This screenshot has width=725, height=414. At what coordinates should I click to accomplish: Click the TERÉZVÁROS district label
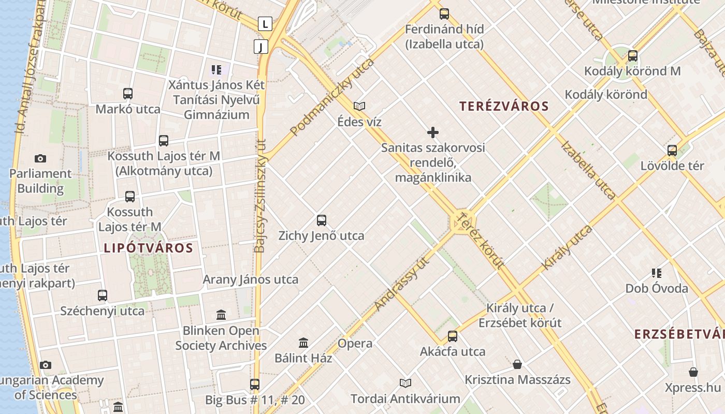504,107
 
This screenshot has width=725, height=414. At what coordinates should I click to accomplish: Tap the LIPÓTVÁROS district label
149,248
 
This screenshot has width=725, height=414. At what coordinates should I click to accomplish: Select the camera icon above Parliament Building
40,158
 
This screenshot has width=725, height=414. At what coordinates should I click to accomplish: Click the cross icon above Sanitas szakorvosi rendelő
433,132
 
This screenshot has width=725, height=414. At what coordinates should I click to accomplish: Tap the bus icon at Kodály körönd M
632,56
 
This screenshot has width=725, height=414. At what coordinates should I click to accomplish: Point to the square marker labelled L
265,23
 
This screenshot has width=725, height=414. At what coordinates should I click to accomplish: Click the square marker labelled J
261,47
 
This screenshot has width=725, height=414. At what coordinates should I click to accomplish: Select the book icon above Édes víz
359,106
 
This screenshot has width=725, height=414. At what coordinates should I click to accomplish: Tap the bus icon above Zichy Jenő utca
322,220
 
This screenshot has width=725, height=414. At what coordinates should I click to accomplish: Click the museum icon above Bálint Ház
303,343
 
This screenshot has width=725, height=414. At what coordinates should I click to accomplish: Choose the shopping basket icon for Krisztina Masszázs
517,364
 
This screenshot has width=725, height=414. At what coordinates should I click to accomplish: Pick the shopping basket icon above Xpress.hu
693,372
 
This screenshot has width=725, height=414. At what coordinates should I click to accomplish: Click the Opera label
355,344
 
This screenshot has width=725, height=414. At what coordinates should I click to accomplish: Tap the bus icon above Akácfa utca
453,336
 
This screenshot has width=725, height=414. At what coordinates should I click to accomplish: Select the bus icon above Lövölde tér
672,151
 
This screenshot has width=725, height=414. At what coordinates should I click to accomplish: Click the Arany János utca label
250,280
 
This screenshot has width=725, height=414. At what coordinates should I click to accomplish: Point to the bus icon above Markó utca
128,94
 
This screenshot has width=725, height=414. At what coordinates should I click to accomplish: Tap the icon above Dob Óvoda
657,273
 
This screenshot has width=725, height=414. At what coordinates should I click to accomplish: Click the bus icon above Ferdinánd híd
444,14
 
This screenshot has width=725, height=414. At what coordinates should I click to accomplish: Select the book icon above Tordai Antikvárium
405,383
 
